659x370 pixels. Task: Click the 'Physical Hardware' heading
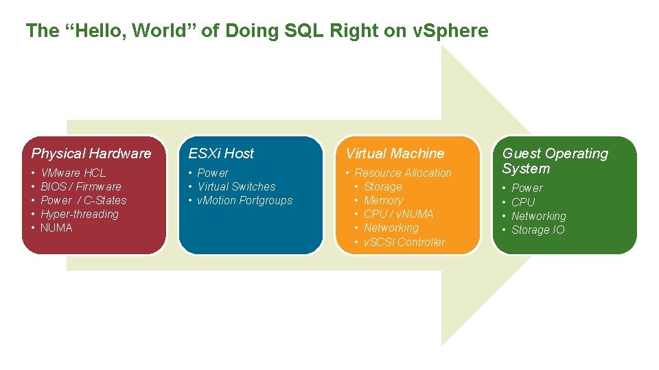point(91,153)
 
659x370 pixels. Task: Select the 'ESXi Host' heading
point(221,153)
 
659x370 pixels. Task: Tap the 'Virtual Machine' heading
point(395,153)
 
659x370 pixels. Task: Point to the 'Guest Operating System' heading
point(555,161)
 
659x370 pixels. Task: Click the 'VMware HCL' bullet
point(73,173)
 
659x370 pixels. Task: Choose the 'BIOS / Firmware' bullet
point(80,186)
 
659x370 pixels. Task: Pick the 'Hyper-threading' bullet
point(79,214)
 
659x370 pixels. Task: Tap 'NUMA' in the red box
point(56,227)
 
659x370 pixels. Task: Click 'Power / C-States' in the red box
point(84,200)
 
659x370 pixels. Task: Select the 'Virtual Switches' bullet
point(236,186)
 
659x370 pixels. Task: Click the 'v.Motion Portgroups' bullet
point(244,200)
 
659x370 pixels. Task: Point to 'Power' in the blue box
point(213,173)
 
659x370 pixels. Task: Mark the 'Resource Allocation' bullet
point(403,173)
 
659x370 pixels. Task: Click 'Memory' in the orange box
point(383,200)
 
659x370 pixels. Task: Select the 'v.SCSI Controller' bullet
point(404,242)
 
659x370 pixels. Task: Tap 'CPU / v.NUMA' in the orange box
point(398,214)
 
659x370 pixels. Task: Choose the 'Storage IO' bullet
point(538,230)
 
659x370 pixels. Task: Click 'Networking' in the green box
point(539,216)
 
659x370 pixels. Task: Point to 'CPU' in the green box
point(523,202)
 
